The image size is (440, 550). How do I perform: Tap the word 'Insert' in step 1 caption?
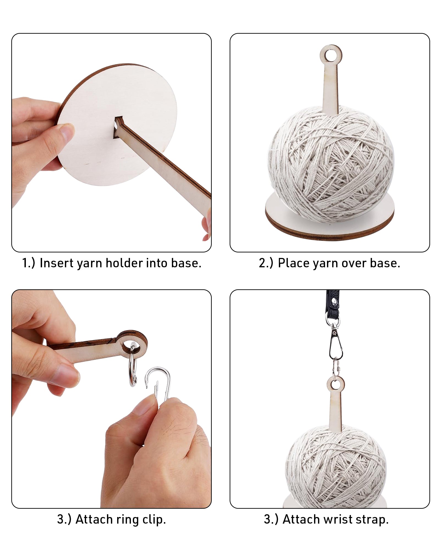point(57,263)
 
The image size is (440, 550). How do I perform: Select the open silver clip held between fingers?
point(158,384)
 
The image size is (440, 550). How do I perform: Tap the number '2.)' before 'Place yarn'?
point(266,263)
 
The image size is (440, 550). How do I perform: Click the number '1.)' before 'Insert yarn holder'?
point(29,263)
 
